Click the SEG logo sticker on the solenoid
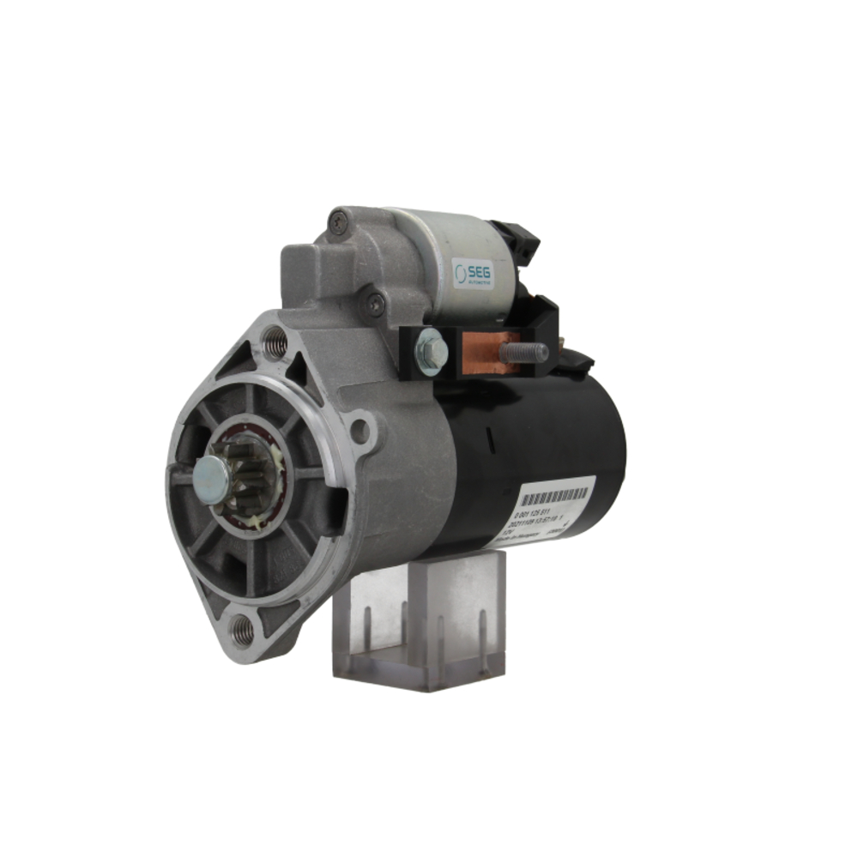pos(473,274)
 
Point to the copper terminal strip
pos(492,351)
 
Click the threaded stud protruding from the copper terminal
pos(528,351)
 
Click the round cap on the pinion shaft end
pos(211,479)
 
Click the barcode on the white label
pos(556,496)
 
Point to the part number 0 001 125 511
pos(541,513)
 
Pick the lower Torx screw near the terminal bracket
pos(375,301)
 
